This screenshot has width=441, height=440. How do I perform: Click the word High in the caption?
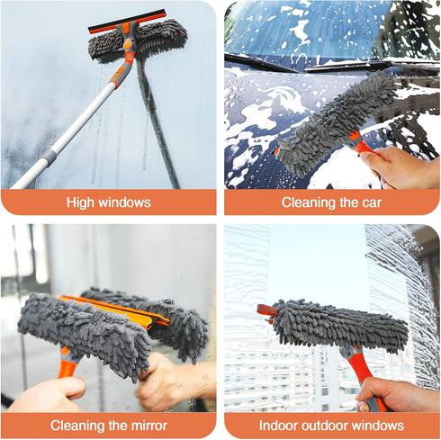click(x=82, y=202)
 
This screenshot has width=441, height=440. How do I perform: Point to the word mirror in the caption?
click(x=147, y=426)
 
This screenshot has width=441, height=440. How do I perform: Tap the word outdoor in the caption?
click(x=330, y=426)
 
